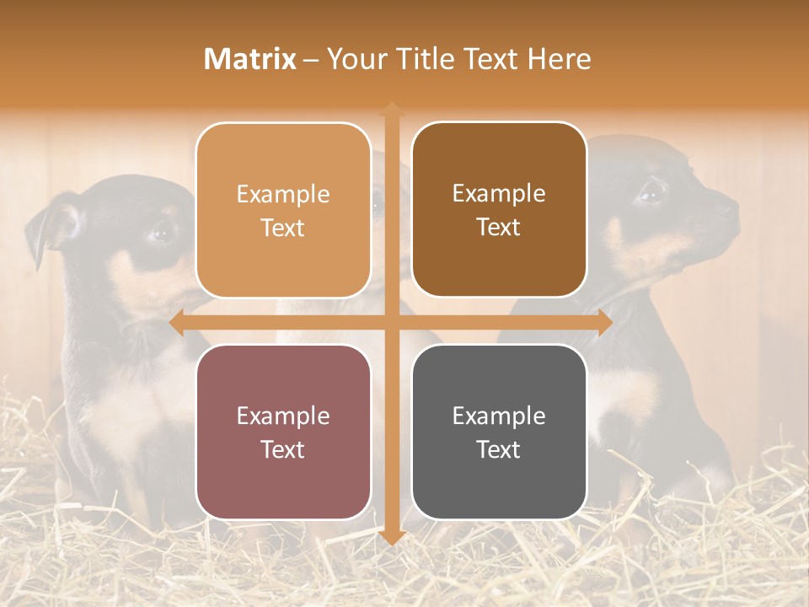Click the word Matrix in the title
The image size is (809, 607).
click(250, 59)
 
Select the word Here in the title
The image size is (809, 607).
click(560, 59)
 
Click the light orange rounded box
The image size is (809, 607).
click(283, 210)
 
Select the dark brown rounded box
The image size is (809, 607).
click(499, 210)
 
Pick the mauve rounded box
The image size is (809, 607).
click(283, 432)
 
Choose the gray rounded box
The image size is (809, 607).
click(499, 432)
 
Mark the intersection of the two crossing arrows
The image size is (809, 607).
click(391, 323)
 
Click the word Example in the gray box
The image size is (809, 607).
click(499, 416)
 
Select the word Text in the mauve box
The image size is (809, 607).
click(283, 449)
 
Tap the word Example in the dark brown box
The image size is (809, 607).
click(499, 193)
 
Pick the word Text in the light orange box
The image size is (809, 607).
click(283, 228)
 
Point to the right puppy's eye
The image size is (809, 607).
click(651, 193)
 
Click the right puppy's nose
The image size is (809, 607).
click(731, 205)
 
